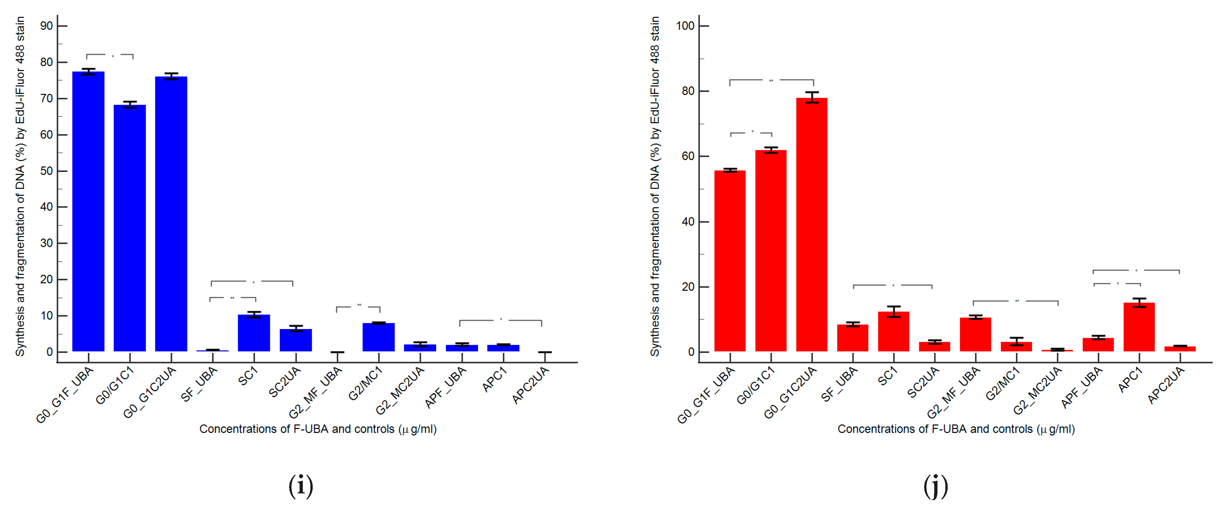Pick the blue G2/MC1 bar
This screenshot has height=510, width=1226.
click(x=378, y=337)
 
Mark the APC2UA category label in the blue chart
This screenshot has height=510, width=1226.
click(x=531, y=386)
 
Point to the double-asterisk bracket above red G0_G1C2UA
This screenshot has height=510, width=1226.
click(x=771, y=80)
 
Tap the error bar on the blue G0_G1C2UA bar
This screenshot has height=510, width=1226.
click(x=171, y=76)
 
